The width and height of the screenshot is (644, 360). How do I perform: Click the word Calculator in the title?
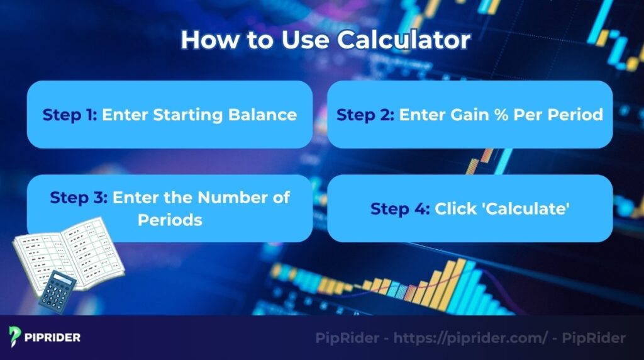click(x=403, y=40)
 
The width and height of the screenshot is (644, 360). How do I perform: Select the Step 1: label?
click(x=70, y=115)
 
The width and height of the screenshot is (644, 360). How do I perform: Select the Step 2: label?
click(x=365, y=115)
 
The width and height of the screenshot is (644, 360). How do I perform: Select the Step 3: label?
click(x=79, y=197)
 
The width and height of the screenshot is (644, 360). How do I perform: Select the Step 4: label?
click(x=399, y=208)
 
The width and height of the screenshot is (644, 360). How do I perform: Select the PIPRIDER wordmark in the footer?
click(x=54, y=337)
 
